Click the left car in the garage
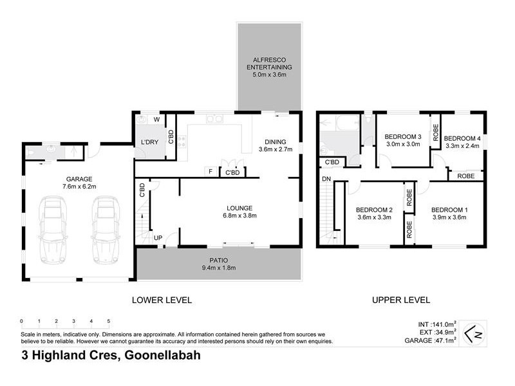[x=53, y=227]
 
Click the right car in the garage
[x=106, y=227]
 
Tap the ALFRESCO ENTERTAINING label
[x=269, y=67]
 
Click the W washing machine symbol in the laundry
[x=156, y=119]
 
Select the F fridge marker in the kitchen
[x=210, y=172]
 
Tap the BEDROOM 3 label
[x=402, y=140]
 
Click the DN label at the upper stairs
[x=326, y=178]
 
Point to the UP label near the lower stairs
[x=157, y=238]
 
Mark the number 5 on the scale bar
[x=109, y=320]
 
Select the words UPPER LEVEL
[x=400, y=300]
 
